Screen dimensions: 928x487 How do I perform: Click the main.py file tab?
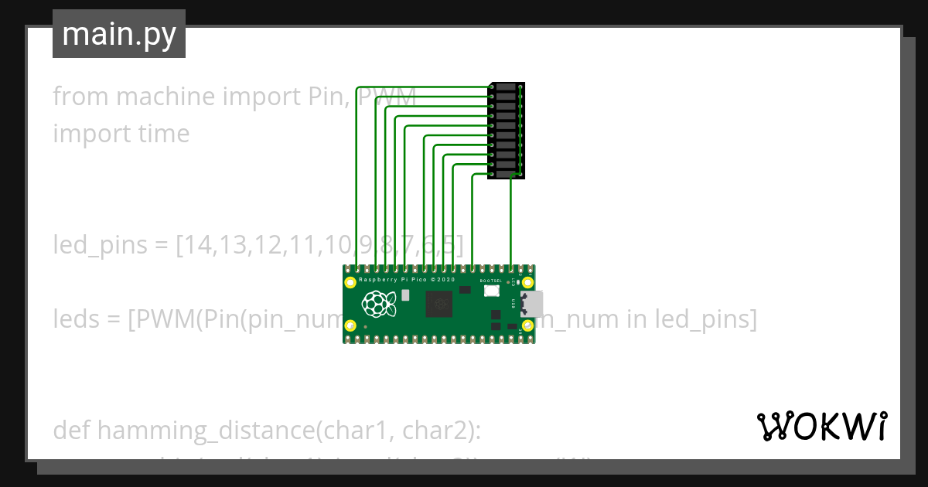118,35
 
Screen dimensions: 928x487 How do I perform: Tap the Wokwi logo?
822,426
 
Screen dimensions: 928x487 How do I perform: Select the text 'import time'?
121,133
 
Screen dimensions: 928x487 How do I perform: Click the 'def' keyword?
72,431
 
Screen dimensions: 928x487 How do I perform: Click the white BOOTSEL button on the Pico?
491,291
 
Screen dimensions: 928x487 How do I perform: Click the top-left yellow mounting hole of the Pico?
351,282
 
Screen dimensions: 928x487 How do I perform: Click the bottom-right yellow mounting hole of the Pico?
527,325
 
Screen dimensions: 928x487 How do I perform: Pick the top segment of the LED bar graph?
506,87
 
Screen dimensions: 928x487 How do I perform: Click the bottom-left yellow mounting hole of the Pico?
351,325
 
